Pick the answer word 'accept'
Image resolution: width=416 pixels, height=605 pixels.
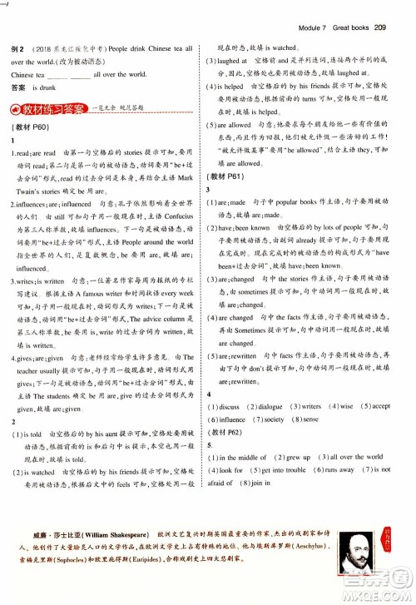click(380, 406)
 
